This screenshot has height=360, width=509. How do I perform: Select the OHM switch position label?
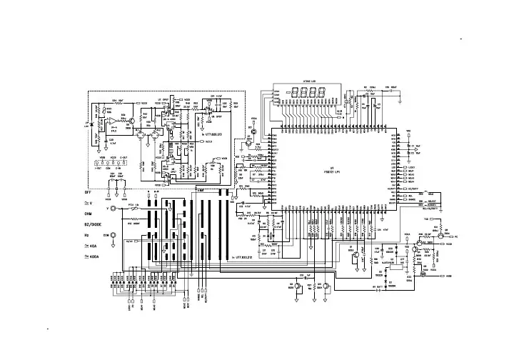89,214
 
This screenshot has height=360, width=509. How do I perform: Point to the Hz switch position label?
86,234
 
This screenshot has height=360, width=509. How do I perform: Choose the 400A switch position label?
92,255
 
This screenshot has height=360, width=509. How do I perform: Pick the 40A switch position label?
91,245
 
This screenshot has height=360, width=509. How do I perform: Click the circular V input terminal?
111,209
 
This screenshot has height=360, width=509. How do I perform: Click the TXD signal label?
426,219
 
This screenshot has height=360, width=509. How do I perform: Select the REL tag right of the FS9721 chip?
410,195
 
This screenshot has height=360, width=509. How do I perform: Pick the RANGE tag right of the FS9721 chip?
411,199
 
